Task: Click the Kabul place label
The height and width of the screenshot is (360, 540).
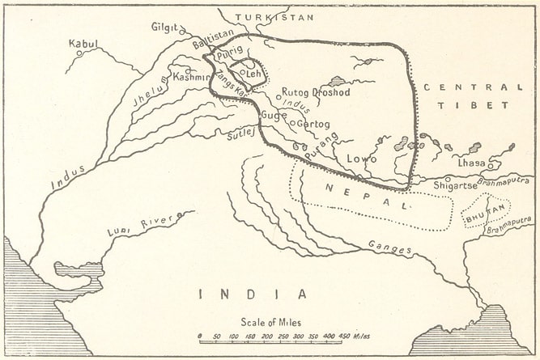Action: pyautogui.click(x=83, y=43)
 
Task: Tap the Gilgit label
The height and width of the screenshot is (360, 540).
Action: pyautogui.click(x=164, y=27)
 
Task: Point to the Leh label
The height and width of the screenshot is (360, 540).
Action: pyautogui.click(x=253, y=74)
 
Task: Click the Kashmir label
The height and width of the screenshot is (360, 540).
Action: pyautogui.click(x=192, y=77)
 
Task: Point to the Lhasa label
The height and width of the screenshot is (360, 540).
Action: pyautogui.click(x=471, y=163)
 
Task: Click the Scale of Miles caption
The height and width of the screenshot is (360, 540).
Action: pyautogui.click(x=270, y=323)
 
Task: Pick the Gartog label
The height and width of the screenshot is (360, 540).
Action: pyautogui.click(x=314, y=124)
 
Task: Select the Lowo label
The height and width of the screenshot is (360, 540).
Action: pyautogui.click(x=362, y=159)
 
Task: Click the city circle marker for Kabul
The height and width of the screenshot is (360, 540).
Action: pyautogui.click(x=79, y=53)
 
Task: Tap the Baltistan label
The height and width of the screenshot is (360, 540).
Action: pyautogui.click(x=213, y=34)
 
